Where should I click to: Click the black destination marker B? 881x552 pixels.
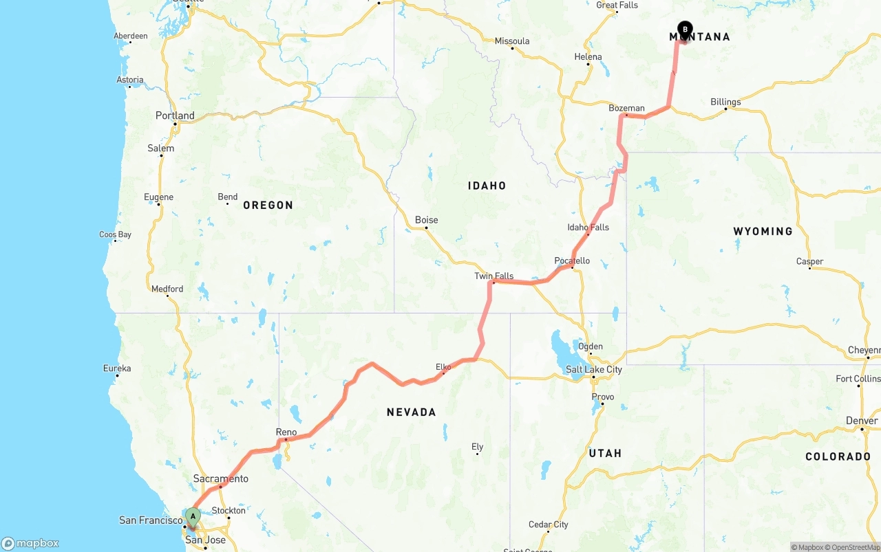coord(685,29)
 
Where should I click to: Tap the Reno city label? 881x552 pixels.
coord(286,432)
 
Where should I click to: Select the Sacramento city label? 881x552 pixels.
coord(220,478)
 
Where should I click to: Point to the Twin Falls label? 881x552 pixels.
coord(493,276)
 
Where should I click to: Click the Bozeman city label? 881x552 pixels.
coord(626,108)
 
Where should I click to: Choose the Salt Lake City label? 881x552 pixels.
coord(593,369)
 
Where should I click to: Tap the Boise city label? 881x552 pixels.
coord(426,220)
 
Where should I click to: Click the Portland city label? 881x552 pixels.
coord(175,115)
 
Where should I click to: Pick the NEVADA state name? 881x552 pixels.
coord(411,412)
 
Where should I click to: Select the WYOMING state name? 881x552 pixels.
coord(763,231)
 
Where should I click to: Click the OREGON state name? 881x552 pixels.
coord(268,205)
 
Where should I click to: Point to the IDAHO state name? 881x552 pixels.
coord(487,186)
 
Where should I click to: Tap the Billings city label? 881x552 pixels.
coord(725,102)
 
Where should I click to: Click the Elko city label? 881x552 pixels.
coord(443,367)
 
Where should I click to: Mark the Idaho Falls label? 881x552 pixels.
coord(588,228)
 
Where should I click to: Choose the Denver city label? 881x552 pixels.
coord(862,421)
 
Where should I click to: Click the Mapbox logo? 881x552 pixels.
coord(30,543)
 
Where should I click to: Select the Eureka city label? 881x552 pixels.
coord(116,368)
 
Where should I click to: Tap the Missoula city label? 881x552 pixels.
coord(512,41)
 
